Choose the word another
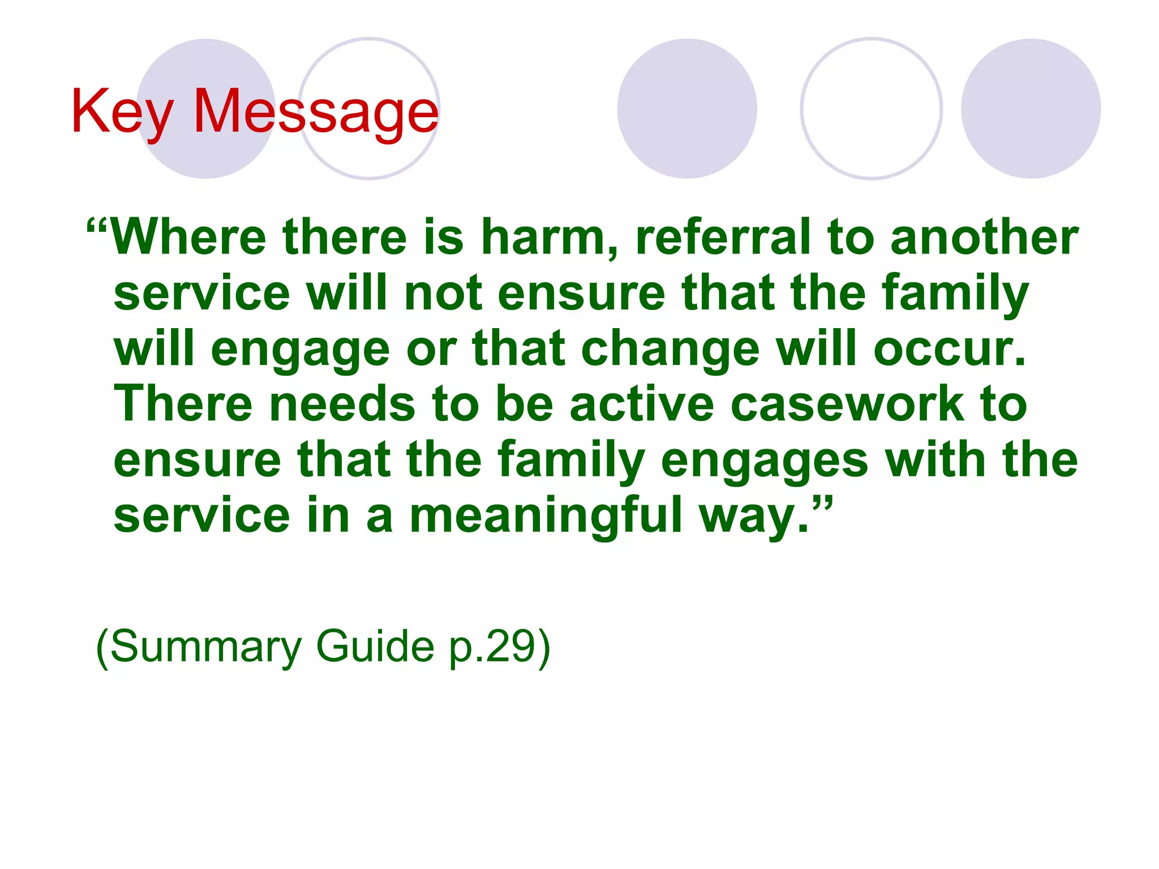coord(984,237)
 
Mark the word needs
coord(342,404)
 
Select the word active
coord(642,404)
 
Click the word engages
coord(764,461)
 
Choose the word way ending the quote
coord(753,517)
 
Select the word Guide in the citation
coord(375,647)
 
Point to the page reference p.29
coord(492,647)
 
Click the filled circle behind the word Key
coord(206,62)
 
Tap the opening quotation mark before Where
coord(97,226)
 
